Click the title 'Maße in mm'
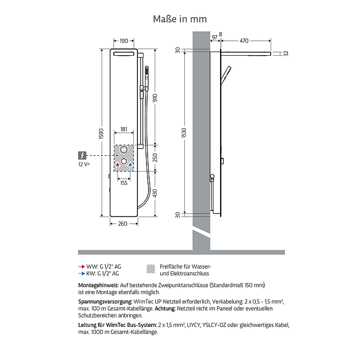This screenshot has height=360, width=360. (180, 19)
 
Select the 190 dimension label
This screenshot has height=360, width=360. (124, 41)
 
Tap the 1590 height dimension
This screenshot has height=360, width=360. (101, 134)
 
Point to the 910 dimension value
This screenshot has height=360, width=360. (155, 98)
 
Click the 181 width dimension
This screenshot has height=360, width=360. (124, 129)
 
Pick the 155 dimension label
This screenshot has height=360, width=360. (124, 183)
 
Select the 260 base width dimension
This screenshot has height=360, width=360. (123, 224)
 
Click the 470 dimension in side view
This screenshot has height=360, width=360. (244, 41)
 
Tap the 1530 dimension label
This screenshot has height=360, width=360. (184, 133)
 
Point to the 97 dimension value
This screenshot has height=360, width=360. (214, 37)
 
